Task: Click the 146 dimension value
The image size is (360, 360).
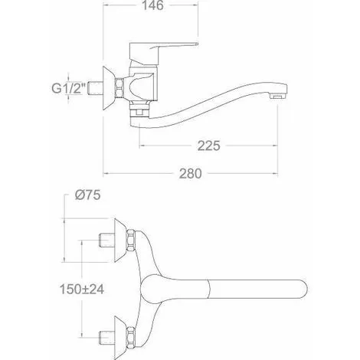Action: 152,5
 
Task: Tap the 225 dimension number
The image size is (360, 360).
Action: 208,146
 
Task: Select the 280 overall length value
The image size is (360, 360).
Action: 190,174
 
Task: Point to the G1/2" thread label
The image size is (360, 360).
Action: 68,89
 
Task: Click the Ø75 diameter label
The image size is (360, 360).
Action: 87,195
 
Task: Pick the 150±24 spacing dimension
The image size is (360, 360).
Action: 82,290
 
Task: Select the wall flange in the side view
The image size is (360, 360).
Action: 110,88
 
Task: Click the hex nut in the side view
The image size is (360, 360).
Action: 119,88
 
